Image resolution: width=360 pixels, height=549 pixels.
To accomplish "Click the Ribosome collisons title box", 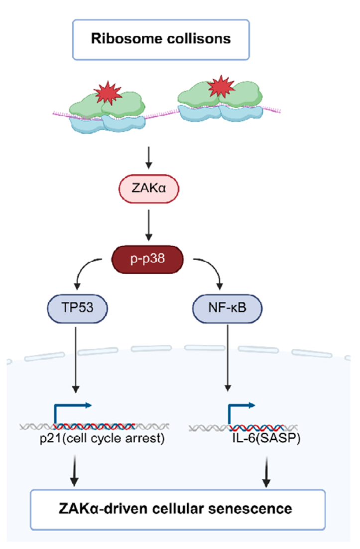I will [x=160, y=39].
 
